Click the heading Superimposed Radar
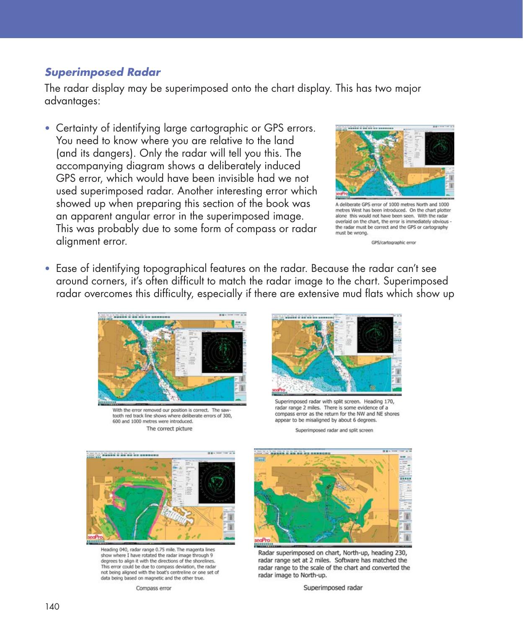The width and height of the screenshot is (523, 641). pyautogui.click(x=102, y=72)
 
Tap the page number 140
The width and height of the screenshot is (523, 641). pyautogui.click(x=52, y=607)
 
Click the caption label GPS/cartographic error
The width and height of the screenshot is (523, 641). pyautogui.click(x=393, y=243)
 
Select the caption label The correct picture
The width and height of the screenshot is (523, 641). pyautogui.click(x=169, y=429)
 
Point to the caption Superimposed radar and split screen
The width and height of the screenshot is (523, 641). pyautogui.click(x=334, y=430)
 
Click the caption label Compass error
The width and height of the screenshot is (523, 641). pyautogui.click(x=153, y=588)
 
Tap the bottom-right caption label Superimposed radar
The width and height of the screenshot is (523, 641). pyautogui.click(x=333, y=588)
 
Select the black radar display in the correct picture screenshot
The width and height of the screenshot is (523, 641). pyautogui.click(x=223, y=353)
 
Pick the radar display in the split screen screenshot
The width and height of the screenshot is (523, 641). pyautogui.click(x=374, y=335)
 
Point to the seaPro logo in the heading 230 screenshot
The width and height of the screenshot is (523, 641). pyautogui.click(x=263, y=540)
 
